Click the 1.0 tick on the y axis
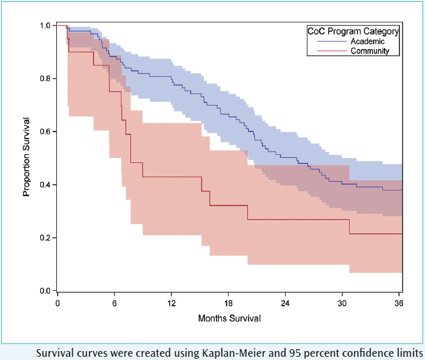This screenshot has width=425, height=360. click(45, 26)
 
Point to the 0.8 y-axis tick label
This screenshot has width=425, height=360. click(45, 79)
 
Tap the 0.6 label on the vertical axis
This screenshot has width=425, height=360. click(45, 132)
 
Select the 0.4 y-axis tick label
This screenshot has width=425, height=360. click(45, 185)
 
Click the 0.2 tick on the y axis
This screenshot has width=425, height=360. click(45, 238)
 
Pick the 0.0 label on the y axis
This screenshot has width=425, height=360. click(45, 291)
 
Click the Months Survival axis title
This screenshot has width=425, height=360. click(229, 318)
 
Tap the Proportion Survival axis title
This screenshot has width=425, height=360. click(27, 156)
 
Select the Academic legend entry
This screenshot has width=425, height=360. click(366, 41)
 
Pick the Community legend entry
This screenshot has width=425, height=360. click(369, 51)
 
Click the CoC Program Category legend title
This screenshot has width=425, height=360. click(353, 31)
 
